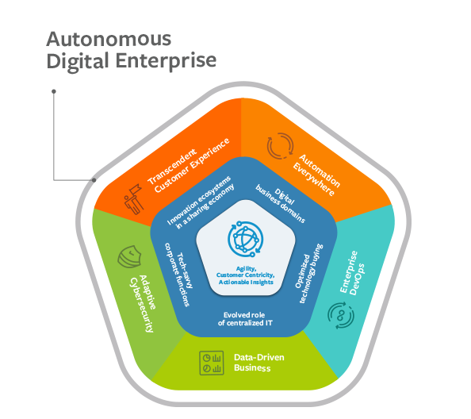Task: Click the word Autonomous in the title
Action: click(x=109, y=39)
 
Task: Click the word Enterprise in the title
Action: click(x=166, y=61)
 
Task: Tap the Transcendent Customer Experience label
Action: click(x=189, y=165)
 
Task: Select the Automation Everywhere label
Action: click(x=316, y=175)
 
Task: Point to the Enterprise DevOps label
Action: click(x=352, y=273)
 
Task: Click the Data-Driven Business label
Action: click(x=259, y=363)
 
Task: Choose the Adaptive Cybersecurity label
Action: click(x=143, y=303)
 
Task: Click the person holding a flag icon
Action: click(x=134, y=199)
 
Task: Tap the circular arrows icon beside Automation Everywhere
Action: click(x=280, y=146)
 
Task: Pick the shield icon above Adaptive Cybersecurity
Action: click(x=129, y=257)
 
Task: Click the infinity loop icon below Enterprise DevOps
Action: click(x=341, y=316)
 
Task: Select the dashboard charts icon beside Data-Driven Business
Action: click(x=212, y=363)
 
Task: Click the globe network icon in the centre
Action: click(x=246, y=239)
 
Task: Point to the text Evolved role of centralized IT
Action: click(x=245, y=319)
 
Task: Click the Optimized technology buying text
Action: click(x=308, y=273)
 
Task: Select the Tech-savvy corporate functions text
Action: click(x=178, y=275)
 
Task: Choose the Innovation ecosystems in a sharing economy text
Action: click(x=201, y=202)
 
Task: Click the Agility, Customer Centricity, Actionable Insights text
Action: click(x=246, y=275)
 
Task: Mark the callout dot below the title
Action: click(x=54, y=91)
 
